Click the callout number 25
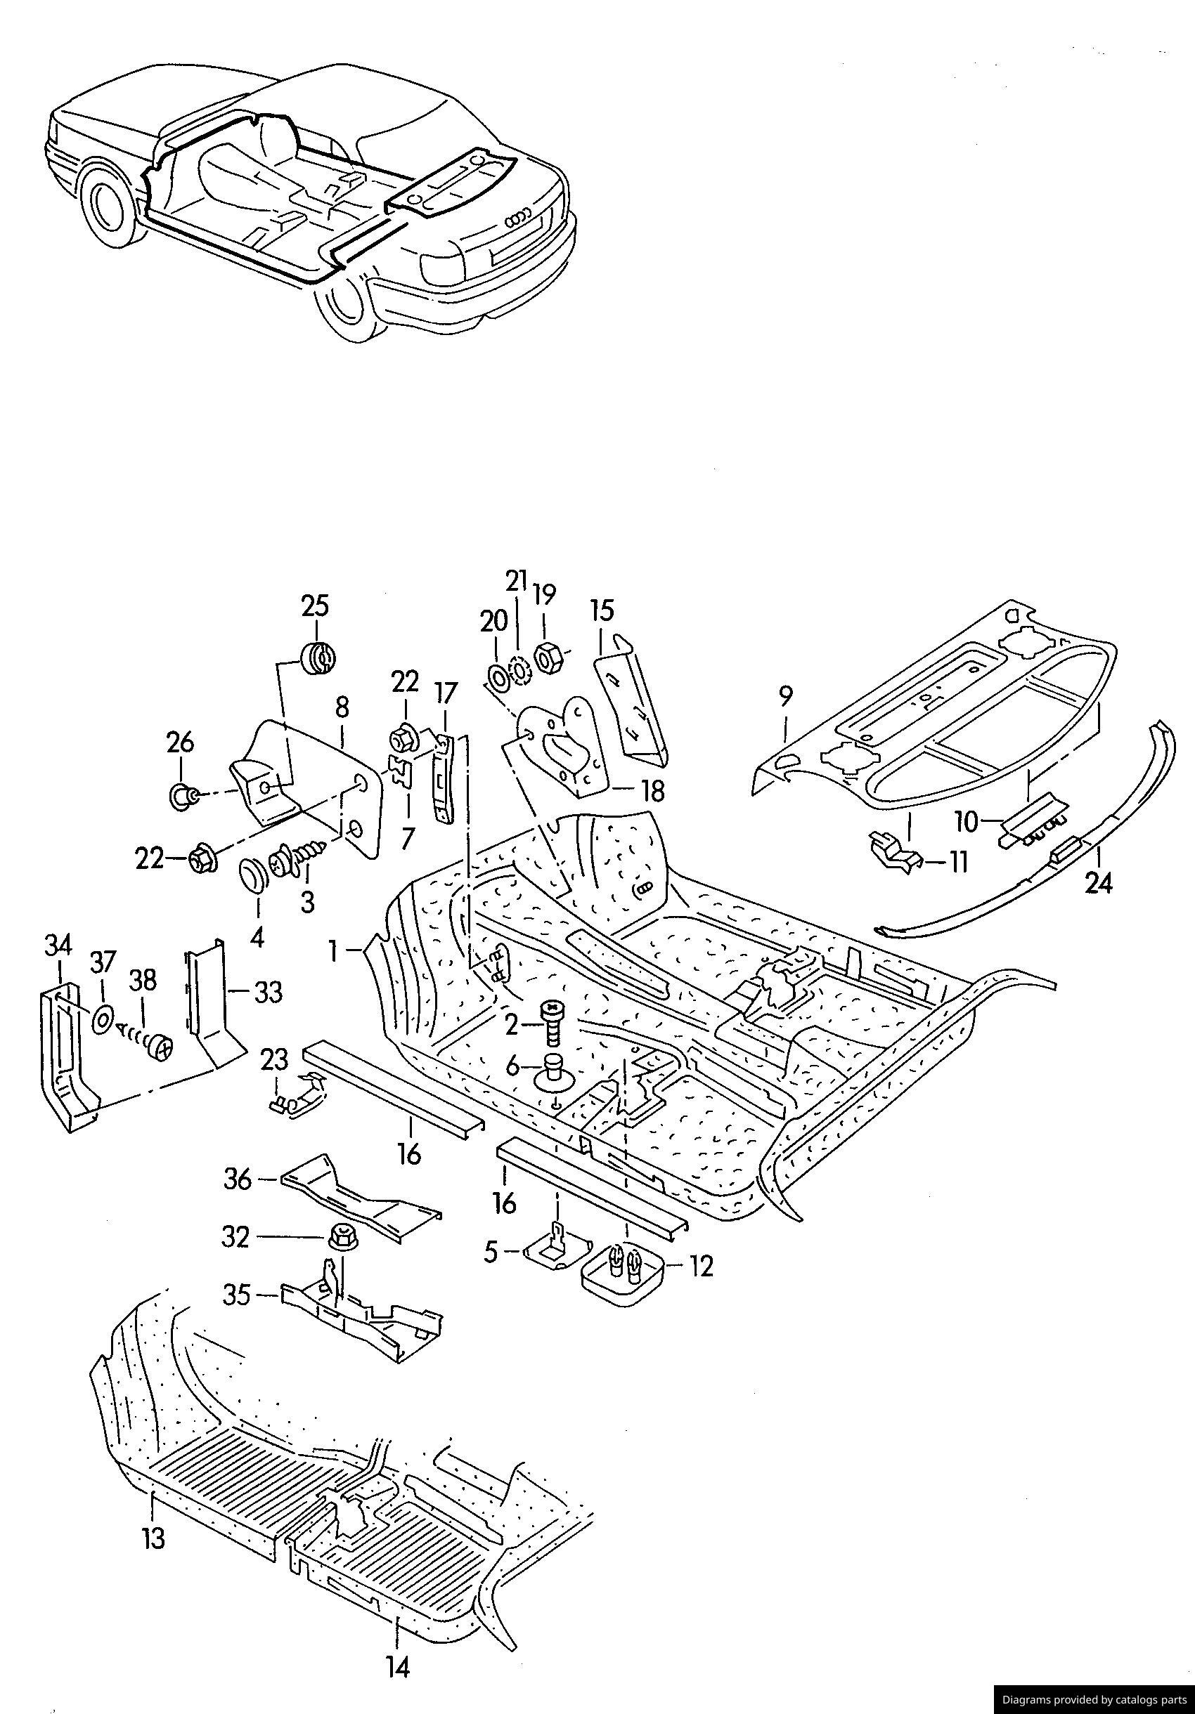tap(314, 606)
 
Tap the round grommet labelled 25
tap(318, 658)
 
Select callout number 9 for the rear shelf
tap(785, 698)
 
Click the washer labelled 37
tap(103, 1019)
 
